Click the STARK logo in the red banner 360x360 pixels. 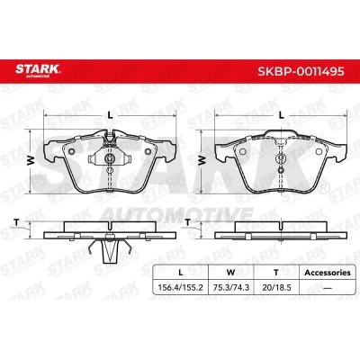point(38,70)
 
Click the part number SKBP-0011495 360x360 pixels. point(301,71)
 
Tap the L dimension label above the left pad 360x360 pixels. point(110,115)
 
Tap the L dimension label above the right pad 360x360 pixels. point(281,115)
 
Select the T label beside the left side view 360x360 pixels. point(17,222)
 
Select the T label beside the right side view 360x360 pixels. point(188,222)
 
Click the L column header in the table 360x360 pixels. point(180,273)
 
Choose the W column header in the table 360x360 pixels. point(230,273)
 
